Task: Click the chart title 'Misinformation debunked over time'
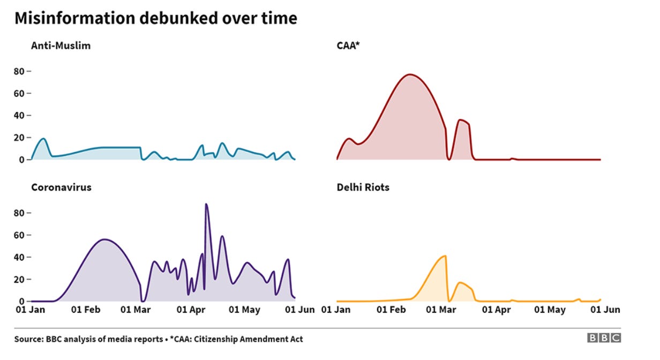(x=155, y=19)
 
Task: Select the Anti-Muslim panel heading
(x=61, y=46)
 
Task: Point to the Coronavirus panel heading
(x=61, y=187)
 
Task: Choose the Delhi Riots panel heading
(x=363, y=187)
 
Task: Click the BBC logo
(x=604, y=337)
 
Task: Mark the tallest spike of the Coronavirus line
(x=206, y=204)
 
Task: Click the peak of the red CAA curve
(x=410, y=74)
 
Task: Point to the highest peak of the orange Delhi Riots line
(x=445, y=256)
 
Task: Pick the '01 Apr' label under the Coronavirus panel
(x=191, y=310)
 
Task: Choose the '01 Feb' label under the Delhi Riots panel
(x=391, y=310)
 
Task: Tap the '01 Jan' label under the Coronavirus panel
(x=31, y=310)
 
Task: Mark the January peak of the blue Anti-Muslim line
(x=43, y=139)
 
